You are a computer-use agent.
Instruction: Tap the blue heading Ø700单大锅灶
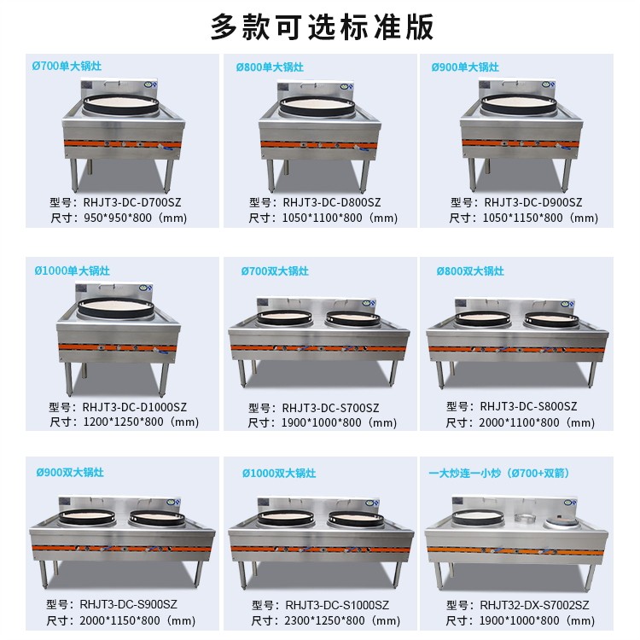(x=63, y=67)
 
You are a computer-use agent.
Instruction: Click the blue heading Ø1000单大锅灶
(x=73, y=271)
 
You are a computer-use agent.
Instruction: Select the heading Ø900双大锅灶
(x=70, y=472)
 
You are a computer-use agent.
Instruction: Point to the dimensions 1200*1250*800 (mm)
(x=140, y=422)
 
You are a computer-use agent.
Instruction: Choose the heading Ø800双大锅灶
(x=470, y=271)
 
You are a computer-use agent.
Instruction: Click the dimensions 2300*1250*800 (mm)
(x=341, y=620)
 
